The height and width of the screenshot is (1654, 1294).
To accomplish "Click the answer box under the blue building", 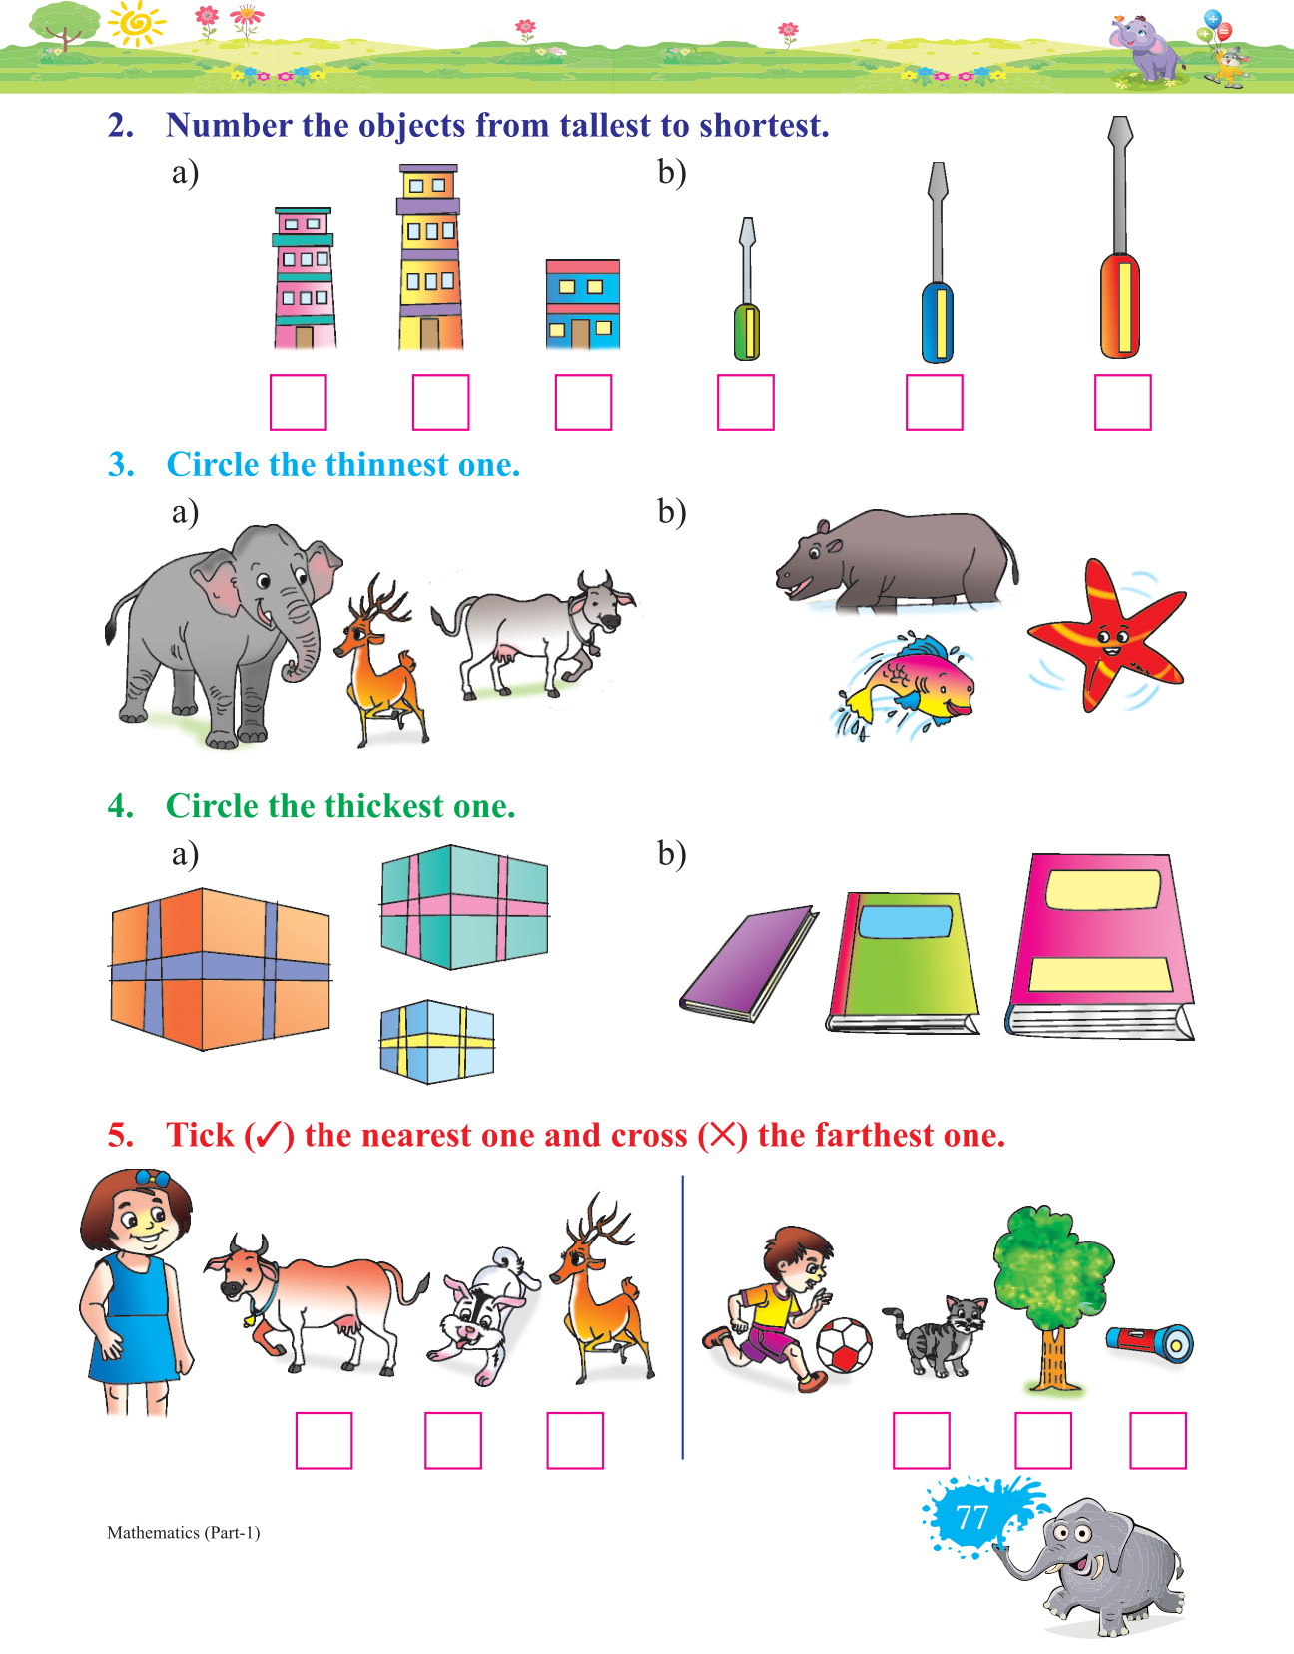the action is (583, 402).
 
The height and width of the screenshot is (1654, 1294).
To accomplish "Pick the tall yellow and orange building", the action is (429, 257).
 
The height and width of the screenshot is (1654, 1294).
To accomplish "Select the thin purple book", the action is (749, 963).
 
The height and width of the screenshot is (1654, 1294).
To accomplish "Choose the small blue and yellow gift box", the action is (436, 1041).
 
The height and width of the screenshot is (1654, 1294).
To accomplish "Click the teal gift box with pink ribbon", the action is (464, 907).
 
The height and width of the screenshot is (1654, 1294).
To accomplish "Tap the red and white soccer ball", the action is (844, 1345).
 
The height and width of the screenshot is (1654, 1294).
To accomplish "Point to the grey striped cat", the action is (938, 1336).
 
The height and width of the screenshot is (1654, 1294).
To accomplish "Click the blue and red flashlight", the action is (1150, 1344).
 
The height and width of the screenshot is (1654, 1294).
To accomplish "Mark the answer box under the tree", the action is (1043, 1441).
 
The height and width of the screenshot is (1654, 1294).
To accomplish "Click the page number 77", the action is (972, 1518).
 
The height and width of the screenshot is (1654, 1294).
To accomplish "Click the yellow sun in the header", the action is (136, 24).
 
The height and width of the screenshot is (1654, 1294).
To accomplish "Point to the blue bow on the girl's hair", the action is (153, 1178).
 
